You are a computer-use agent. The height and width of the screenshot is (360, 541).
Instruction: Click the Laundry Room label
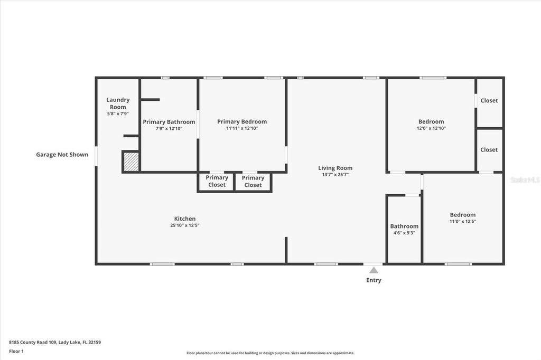point(117,103)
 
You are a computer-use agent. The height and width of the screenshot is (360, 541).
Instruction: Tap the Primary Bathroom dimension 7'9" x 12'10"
point(169,128)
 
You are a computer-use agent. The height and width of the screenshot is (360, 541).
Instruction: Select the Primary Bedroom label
point(242,121)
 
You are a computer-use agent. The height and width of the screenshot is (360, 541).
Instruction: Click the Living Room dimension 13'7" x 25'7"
point(335,175)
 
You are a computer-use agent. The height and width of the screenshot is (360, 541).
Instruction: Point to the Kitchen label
point(185,219)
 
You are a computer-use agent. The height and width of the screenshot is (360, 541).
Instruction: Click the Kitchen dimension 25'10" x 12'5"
point(184,225)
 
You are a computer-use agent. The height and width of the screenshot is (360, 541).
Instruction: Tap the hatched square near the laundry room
point(130,161)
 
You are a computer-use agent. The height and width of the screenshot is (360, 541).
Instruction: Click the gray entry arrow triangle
point(374,270)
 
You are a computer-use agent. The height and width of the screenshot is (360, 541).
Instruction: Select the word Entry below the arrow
point(374,280)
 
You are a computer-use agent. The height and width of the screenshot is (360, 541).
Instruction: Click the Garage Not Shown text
point(62,155)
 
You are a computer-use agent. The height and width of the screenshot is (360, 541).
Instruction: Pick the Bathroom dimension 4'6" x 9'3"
point(404,233)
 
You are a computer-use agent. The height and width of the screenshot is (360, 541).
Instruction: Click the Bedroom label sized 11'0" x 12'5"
point(462,214)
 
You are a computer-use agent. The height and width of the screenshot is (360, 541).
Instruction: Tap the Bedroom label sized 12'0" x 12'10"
point(431,121)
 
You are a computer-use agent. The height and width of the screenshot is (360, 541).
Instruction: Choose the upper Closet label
point(489,100)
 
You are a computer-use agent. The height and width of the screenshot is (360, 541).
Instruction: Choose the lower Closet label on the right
point(489,149)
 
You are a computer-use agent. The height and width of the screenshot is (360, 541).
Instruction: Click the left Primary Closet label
point(217,181)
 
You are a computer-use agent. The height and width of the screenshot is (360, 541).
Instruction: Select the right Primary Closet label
point(253,182)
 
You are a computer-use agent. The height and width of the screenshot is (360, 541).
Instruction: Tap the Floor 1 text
point(16,351)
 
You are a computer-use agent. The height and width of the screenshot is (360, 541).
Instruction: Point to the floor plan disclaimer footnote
point(270,353)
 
